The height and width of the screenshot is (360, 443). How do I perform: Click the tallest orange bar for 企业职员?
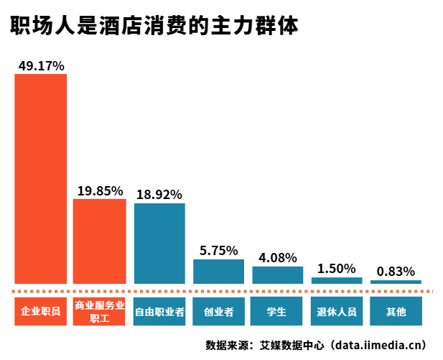(41, 178)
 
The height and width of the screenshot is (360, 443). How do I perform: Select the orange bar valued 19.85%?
(100, 241)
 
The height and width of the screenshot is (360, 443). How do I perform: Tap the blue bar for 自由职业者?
(159, 243)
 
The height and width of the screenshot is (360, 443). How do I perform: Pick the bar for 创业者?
(219, 271)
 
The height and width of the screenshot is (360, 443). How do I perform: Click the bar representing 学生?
(278, 274)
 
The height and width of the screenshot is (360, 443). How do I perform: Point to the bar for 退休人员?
(337, 280)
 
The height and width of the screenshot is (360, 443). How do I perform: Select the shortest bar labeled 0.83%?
(396, 282)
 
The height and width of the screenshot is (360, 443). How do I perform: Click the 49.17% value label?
(41, 66)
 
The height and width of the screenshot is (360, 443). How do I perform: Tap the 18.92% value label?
(159, 195)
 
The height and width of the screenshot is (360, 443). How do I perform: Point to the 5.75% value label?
(219, 251)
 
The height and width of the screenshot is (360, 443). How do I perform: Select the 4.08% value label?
(278, 258)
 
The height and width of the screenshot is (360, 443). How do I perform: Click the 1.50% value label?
(337, 269)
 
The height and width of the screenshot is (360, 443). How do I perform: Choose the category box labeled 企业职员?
(41, 311)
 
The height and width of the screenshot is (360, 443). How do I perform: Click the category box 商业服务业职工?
(100, 311)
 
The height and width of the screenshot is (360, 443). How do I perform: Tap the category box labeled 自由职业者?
(159, 311)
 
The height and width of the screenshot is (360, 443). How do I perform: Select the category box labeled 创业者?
(219, 311)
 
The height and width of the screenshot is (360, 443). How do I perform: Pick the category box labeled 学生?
(278, 311)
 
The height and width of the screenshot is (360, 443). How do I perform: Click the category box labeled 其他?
(396, 311)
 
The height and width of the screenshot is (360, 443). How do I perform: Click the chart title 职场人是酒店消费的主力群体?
(154, 26)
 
